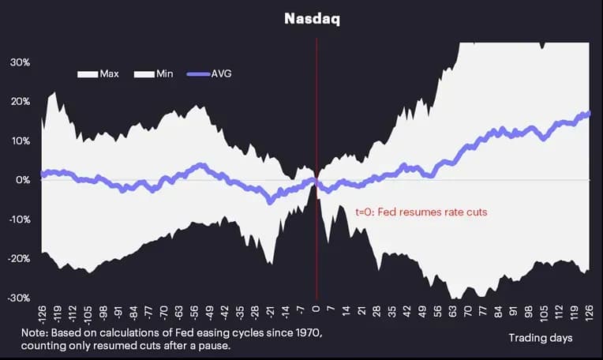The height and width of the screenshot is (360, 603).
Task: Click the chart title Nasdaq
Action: pos(313,19)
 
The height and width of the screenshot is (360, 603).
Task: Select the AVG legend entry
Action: pos(209,74)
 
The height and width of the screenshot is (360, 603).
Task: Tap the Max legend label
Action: pos(109,74)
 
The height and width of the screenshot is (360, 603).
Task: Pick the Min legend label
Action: pos(165,74)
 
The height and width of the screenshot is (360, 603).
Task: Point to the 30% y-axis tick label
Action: pos(20,62)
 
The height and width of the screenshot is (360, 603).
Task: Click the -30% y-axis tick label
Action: pos(19,298)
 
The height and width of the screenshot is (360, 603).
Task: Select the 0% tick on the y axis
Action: pos(23,180)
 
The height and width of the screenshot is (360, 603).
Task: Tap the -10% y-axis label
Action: pos(19,219)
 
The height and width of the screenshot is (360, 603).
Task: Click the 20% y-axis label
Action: pos(20,102)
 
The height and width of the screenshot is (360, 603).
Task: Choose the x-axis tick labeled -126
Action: pos(42,316)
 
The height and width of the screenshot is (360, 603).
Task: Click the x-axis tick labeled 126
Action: pos(589,313)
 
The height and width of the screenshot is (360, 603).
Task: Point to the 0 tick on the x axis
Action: pos(316,309)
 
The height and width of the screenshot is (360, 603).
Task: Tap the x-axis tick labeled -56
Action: pos(194,313)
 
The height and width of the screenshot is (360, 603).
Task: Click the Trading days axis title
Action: pos(541,338)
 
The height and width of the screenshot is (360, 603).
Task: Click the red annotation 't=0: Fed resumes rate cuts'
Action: pos(421,212)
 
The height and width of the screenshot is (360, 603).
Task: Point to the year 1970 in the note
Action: pos(308,332)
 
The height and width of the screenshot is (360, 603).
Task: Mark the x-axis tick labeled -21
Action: pos(271,313)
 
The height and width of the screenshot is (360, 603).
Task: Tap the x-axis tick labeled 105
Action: pos(543,313)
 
